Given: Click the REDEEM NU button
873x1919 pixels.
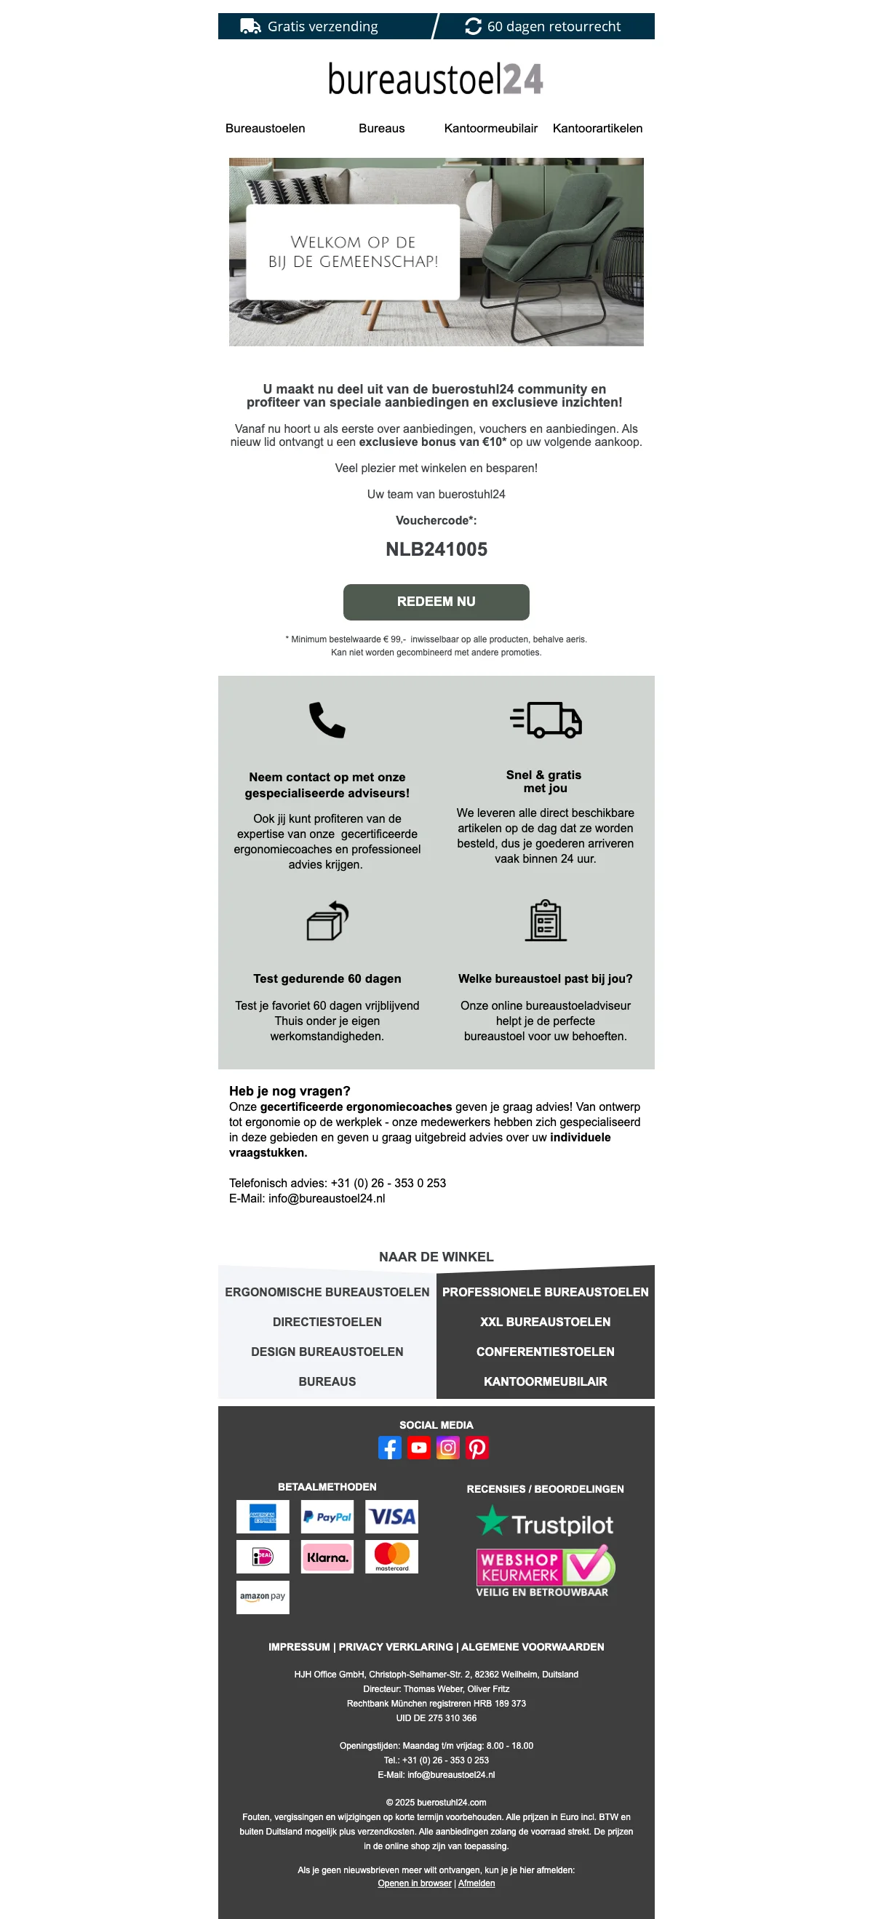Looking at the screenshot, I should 436,601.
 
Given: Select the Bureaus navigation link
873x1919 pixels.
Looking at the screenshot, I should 381,128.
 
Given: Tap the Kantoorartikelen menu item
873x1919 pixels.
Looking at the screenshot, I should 597,128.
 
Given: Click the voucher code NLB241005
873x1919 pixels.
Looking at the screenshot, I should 436,549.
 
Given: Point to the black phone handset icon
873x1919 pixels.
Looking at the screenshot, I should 327,719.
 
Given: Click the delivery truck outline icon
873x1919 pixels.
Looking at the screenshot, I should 546,719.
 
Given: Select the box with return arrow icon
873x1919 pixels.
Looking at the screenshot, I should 328,921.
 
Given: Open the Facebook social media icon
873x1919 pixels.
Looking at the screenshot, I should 389,1448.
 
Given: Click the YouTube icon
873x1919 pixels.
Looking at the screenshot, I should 418,1448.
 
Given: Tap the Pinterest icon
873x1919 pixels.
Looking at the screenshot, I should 477,1448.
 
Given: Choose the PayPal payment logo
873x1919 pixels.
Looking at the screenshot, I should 327,1517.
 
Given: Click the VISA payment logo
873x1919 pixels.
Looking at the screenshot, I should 392,1517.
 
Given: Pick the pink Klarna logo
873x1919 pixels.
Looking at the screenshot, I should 327,1557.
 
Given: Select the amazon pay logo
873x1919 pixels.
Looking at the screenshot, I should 262,1597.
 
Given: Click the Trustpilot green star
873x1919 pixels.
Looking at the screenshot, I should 492,1521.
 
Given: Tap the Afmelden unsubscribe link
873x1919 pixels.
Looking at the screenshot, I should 476,1883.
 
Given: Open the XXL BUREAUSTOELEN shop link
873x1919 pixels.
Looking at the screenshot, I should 545,1322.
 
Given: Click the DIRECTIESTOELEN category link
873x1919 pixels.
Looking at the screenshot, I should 327,1322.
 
